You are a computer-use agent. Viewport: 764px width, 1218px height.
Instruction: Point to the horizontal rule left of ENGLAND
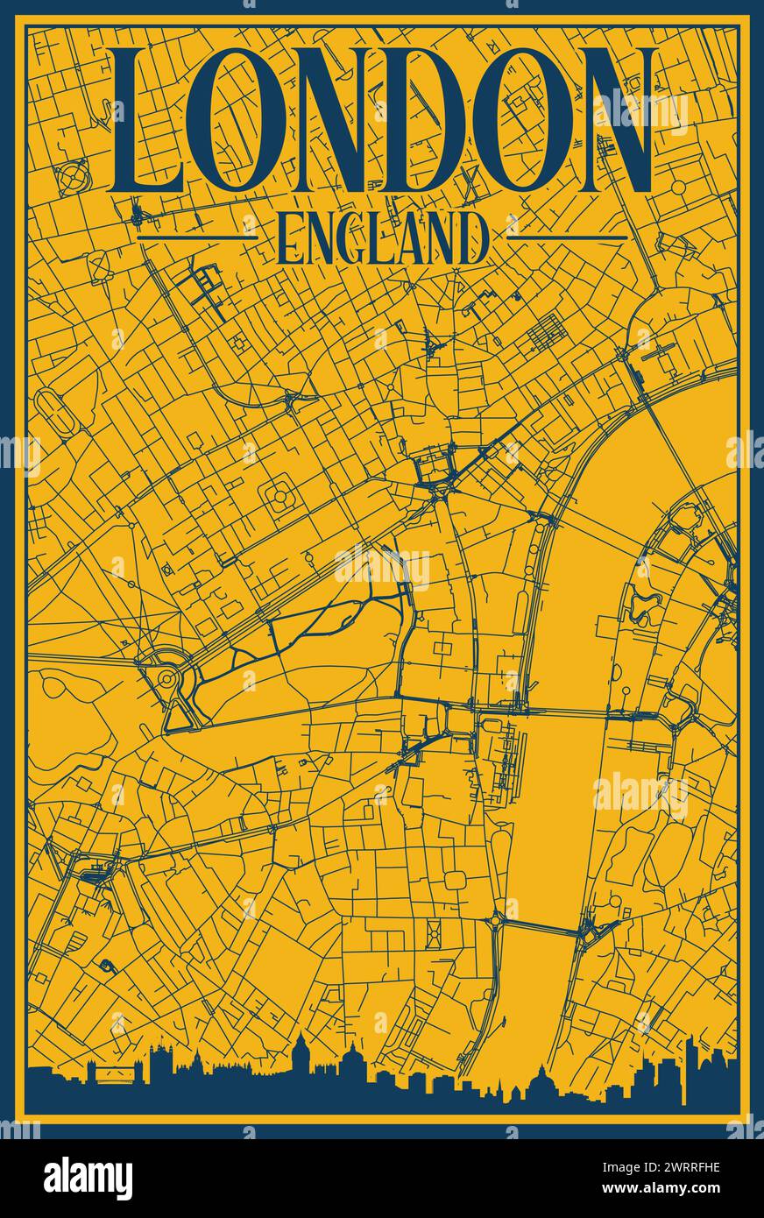pos(197,237)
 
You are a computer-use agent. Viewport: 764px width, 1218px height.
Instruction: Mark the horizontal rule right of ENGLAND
pos(568,237)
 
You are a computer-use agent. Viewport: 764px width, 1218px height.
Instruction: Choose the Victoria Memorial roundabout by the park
pos(166,679)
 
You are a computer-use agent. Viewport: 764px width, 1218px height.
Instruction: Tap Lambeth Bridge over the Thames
pos(539,926)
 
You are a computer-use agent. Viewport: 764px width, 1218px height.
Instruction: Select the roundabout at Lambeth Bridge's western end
pos(497,917)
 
